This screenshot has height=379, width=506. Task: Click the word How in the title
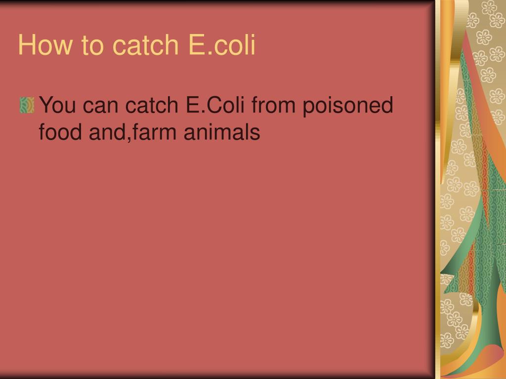point(42,45)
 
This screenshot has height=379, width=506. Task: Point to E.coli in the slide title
point(222,45)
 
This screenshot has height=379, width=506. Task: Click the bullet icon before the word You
point(27,105)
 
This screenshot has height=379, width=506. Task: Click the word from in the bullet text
point(280,105)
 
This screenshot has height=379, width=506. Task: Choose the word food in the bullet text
point(55,132)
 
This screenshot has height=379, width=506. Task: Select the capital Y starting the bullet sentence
point(45,105)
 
